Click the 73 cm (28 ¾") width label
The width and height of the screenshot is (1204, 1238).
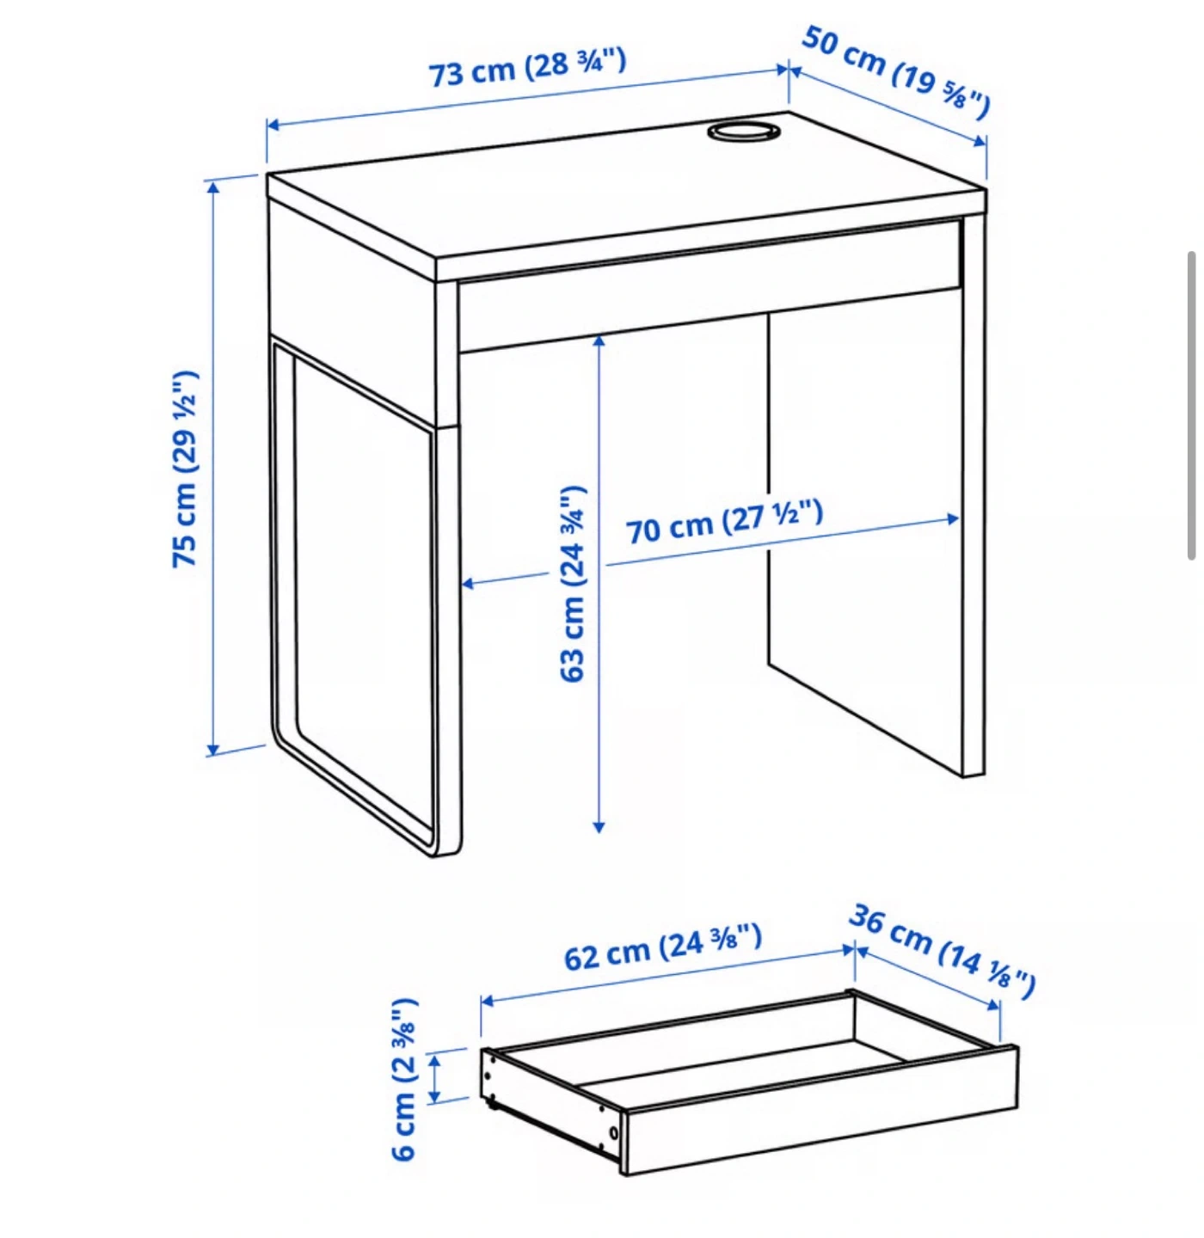(x=527, y=68)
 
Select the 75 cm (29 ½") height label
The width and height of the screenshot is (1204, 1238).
(x=185, y=468)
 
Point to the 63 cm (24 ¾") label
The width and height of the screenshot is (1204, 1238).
(x=572, y=584)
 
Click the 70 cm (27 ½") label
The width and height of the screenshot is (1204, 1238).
(x=724, y=523)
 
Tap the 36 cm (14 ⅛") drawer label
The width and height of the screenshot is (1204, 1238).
(x=943, y=951)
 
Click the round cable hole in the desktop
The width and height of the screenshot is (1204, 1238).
(x=743, y=132)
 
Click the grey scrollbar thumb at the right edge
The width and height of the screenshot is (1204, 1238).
(x=1191, y=405)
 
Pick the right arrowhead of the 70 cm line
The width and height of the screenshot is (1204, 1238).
(x=953, y=519)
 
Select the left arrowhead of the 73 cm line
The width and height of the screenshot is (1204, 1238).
(x=274, y=124)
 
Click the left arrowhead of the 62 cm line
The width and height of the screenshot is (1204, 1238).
(x=488, y=1001)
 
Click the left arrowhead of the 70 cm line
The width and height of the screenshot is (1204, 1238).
(x=468, y=583)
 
